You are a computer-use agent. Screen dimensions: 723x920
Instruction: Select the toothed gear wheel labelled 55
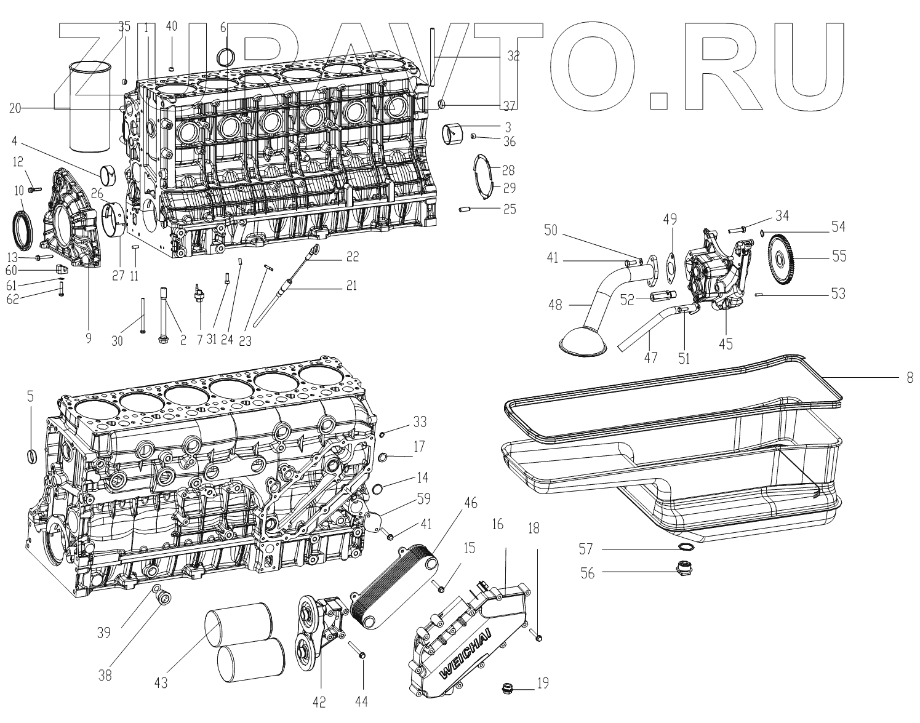(x=790, y=257)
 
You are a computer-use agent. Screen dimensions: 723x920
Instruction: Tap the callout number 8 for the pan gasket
(x=910, y=379)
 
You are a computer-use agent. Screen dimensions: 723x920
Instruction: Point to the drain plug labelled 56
(x=684, y=569)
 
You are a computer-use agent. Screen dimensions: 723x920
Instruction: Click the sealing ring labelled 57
(x=686, y=548)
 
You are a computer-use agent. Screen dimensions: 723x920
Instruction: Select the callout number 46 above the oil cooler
(x=470, y=502)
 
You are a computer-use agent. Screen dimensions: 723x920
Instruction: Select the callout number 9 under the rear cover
(x=88, y=338)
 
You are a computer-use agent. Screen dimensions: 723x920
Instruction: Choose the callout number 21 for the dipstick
(x=351, y=285)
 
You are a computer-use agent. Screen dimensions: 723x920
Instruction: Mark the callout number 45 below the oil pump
(x=726, y=344)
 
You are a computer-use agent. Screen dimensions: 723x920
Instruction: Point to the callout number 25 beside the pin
(x=509, y=209)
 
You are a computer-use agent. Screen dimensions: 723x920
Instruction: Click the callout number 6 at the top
(x=223, y=27)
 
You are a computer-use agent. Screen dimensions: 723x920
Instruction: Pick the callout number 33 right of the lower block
(x=420, y=422)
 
